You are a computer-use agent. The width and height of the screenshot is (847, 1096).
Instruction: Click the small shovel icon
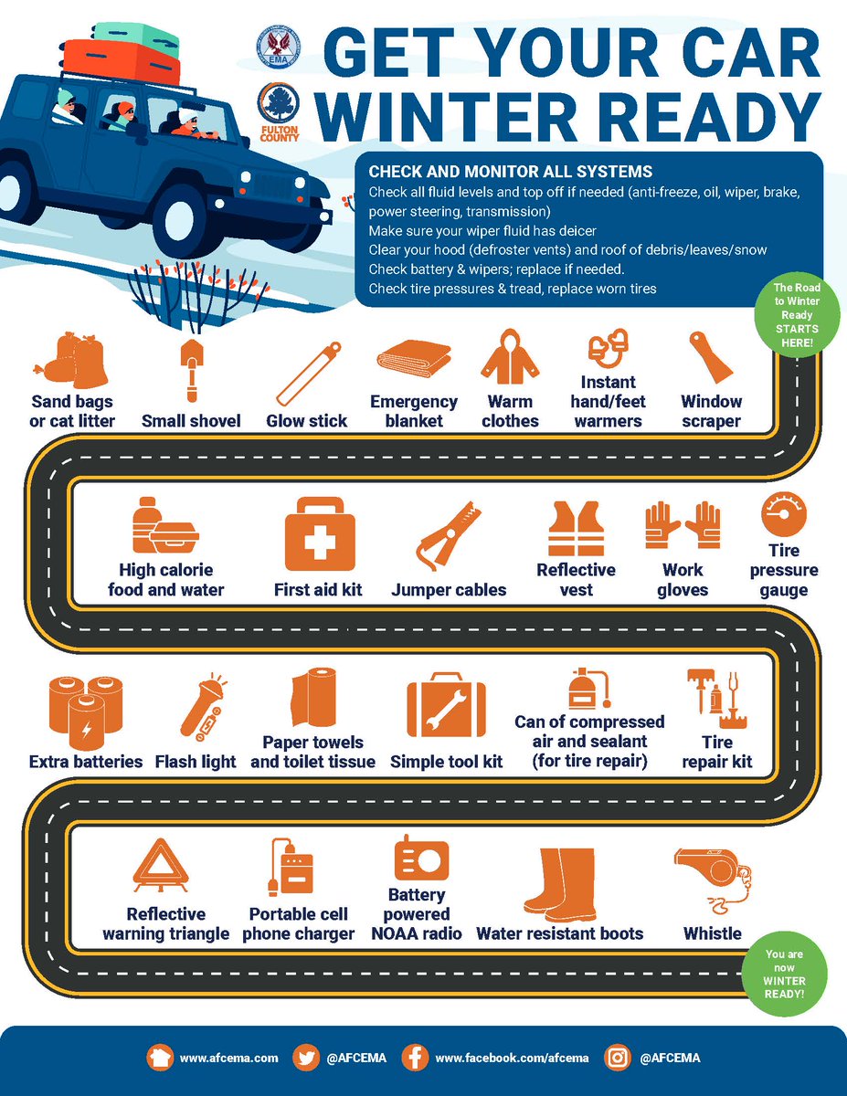tap(192, 371)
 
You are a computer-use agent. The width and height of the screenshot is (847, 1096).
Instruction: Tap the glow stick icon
tap(308, 374)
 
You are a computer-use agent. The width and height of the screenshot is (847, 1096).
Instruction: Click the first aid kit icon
tap(320, 534)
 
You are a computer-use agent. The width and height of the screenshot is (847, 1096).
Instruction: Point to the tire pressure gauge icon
tap(783, 514)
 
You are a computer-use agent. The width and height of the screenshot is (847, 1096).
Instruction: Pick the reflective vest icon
tap(577, 528)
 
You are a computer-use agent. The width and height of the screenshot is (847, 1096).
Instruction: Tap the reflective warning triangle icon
tap(161, 866)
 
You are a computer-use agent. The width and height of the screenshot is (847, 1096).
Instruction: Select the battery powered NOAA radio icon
tap(421, 859)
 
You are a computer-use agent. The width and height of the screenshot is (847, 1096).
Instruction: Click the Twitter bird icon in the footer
tap(306, 1057)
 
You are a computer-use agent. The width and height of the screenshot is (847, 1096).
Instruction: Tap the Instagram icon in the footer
tap(618, 1057)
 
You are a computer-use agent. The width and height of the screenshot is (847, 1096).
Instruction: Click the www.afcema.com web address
tap(228, 1058)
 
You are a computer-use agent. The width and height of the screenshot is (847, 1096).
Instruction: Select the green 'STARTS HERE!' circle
tap(797, 315)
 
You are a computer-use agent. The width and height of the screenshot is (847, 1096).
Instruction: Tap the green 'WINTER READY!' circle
tap(785, 974)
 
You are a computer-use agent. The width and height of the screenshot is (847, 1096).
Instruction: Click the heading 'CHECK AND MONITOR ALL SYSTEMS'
tap(511, 172)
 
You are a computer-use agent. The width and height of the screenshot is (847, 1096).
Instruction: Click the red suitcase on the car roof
tap(121, 61)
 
